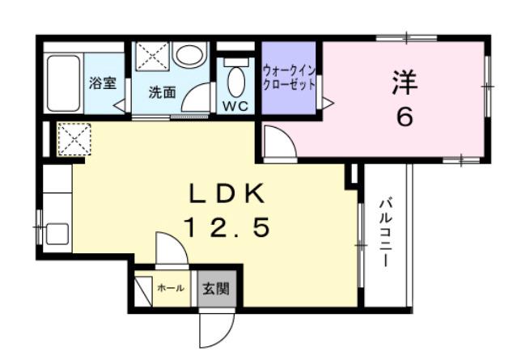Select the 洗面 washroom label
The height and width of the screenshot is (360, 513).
pos(161,92)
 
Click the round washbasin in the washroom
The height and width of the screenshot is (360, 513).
pos(189,55)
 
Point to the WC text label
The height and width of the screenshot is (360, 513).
pos(236,105)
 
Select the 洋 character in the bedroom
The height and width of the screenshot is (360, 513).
pos(405,82)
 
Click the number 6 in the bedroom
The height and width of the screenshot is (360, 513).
pos(405,117)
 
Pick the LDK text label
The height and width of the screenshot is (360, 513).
pos(227,194)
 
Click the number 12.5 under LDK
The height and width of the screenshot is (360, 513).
pos(227,229)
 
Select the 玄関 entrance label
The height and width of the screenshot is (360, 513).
pos(215,288)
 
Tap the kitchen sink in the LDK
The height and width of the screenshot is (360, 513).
pos(57,234)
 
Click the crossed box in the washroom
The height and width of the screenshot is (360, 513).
pos(150,56)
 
